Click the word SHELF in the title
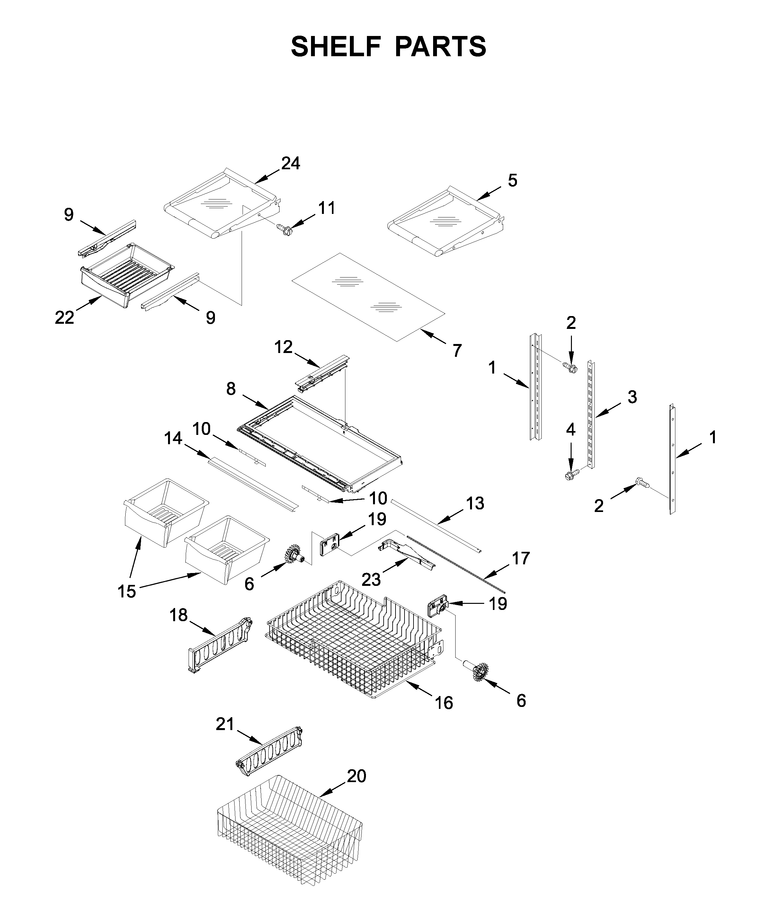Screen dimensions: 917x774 [336, 47]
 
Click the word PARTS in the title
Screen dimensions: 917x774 [440, 47]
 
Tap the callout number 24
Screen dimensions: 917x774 [290, 163]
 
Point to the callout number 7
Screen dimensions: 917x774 [457, 350]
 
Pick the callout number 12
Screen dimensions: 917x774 [283, 347]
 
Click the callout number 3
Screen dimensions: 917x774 [632, 397]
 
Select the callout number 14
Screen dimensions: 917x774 [173, 438]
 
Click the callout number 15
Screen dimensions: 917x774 [127, 592]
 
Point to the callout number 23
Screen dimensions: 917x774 [371, 580]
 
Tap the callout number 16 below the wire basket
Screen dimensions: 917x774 [444, 703]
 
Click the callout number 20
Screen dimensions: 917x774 [356, 776]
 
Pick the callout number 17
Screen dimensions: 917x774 [520, 558]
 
